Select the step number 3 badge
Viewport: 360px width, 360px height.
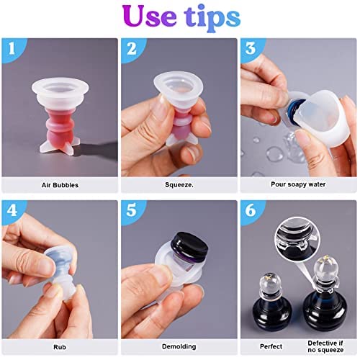tap(249, 50)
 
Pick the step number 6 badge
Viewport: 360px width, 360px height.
tap(249, 212)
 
